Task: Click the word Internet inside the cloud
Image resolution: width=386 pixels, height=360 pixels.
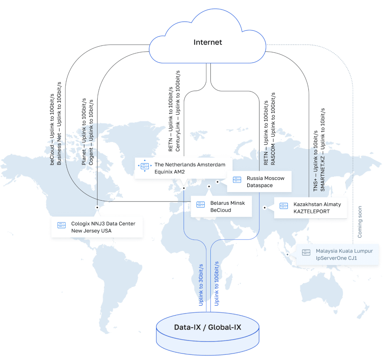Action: point(208,42)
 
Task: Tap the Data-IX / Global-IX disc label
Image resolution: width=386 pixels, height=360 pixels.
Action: point(208,327)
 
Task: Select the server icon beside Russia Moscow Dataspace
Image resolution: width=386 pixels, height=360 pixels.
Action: point(237,180)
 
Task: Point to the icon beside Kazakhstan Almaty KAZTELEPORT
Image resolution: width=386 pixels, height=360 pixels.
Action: point(284,206)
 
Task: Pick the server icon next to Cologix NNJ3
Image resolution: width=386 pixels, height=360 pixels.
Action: point(61,225)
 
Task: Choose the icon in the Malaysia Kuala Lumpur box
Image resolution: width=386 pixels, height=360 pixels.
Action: point(306,253)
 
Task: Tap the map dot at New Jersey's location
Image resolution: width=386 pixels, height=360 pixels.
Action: point(97,207)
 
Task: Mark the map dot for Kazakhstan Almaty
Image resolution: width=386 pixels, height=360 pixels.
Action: point(265,207)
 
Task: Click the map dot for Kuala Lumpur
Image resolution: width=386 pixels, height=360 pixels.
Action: point(288,255)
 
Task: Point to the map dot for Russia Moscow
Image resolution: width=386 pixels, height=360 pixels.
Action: point(218,182)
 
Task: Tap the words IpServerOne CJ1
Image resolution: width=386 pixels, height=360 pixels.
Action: point(336,258)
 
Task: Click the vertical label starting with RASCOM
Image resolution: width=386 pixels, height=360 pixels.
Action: point(273,128)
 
